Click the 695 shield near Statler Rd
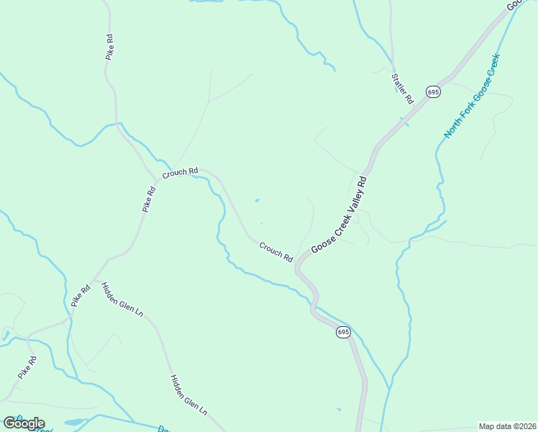click(x=432, y=91)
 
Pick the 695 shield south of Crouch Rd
click(x=342, y=332)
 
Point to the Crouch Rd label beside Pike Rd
click(x=180, y=174)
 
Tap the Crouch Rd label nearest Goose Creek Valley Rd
click(x=276, y=252)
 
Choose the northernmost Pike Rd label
click(x=109, y=45)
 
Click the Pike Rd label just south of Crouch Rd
click(x=149, y=199)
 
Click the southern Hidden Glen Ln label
click(x=188, y=395)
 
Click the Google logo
click(x=24, y=423)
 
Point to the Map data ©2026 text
click(x=507, y=426)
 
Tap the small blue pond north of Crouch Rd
click(x=257, y=200)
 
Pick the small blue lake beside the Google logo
click(x=75, y=422)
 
